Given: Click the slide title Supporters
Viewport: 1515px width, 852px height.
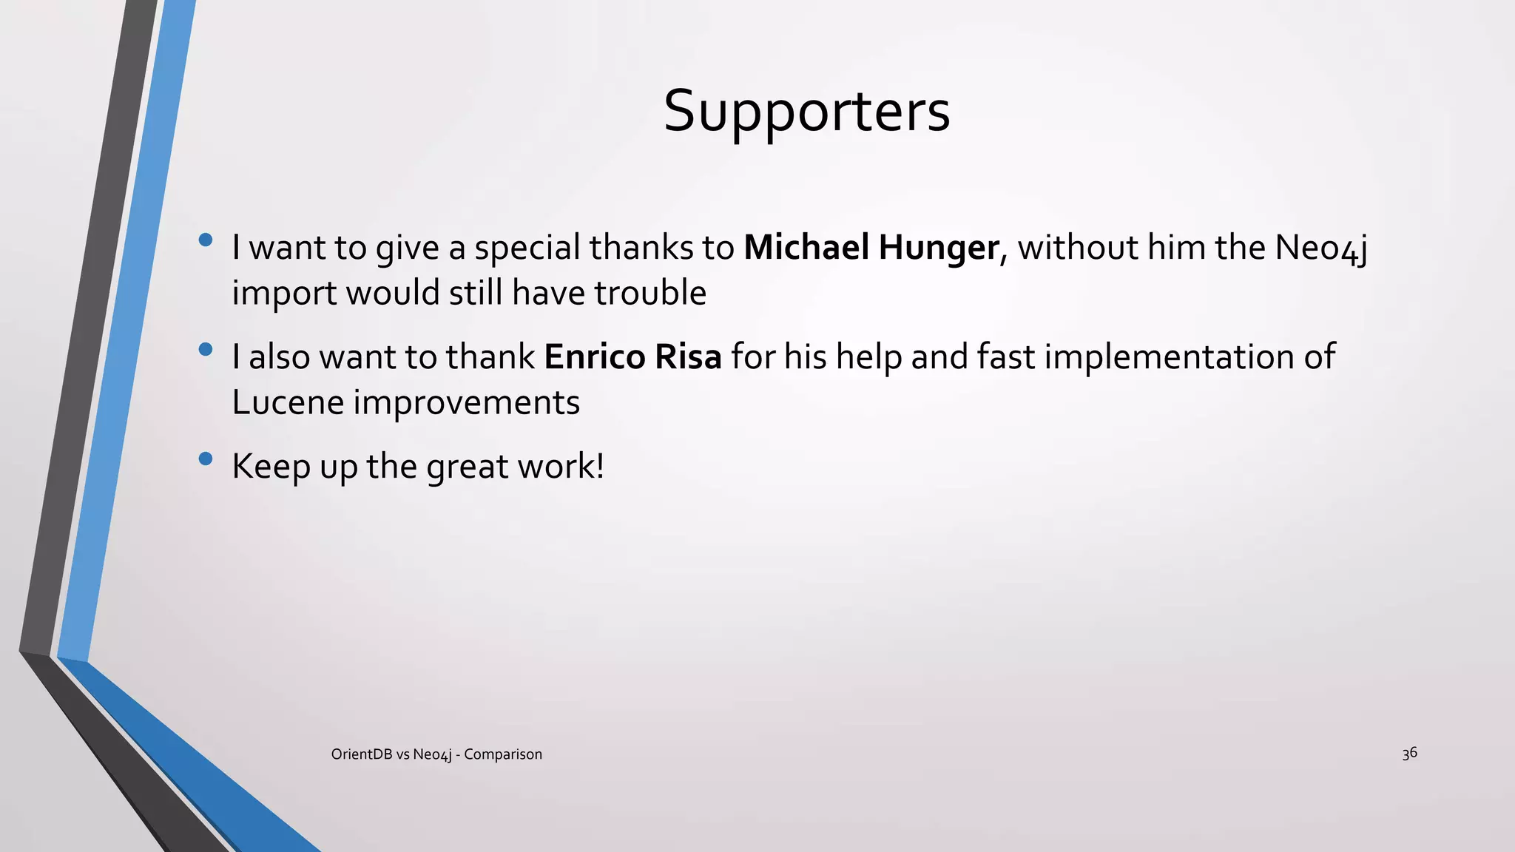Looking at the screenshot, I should [806, 111].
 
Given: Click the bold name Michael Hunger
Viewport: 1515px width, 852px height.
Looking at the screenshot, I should [871, 247].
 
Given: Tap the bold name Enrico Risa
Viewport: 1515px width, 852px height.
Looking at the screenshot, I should [632, 356].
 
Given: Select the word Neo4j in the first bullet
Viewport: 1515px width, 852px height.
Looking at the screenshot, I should [1321, 247].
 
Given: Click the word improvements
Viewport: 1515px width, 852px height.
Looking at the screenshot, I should [467, 402].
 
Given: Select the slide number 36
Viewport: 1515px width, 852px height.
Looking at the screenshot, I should [1409, 753].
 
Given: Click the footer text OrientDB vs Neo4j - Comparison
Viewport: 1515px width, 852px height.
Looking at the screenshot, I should [436, 754].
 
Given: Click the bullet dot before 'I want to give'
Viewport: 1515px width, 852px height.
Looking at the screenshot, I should [206, 240].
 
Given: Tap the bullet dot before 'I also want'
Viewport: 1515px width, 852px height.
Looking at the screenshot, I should [206, 348].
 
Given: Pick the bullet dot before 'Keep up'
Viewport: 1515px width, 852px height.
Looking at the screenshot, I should [206, 459].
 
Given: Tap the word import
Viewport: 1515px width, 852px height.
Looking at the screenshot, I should [284, 294].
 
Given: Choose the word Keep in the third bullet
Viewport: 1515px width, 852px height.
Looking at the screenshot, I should [271, 467].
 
